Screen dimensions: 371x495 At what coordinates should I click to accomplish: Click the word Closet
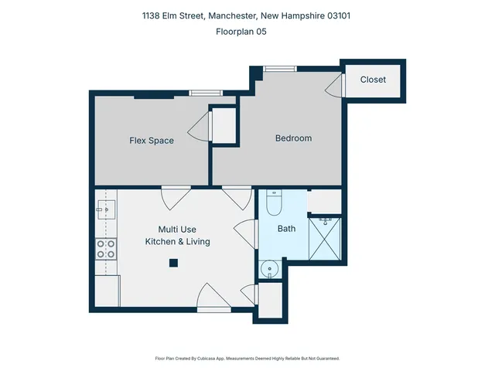pyautogui.click(x=372, y=80)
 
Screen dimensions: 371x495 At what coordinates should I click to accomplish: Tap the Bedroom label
pyautogui.click(x=293, y=138)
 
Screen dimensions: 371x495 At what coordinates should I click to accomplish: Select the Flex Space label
pyautogui.click(x=151, y=141)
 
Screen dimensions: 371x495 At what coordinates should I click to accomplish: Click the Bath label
pyautogui.click(x=286, y=229)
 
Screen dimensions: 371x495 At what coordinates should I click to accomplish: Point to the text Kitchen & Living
pyautogui.click(x=177, y=242)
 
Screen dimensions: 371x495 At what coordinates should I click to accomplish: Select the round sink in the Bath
pyautogui.click(x=268, y=268)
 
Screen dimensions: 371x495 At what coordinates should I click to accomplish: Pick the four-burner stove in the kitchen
pyautogui.click(x=106, y=249)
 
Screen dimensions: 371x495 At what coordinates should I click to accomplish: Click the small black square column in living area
pyautogui.click(x=174, y=263)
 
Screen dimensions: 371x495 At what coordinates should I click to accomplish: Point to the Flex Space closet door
pyautogui.click(x=200, y=127)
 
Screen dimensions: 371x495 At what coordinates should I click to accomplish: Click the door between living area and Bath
pyautogui.click(x=246, y=233)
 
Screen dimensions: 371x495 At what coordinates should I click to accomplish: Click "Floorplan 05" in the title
pyautogui.click(x=247, y=32)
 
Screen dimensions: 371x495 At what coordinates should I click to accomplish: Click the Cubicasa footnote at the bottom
pyautogui.click(x=247, y=359)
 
